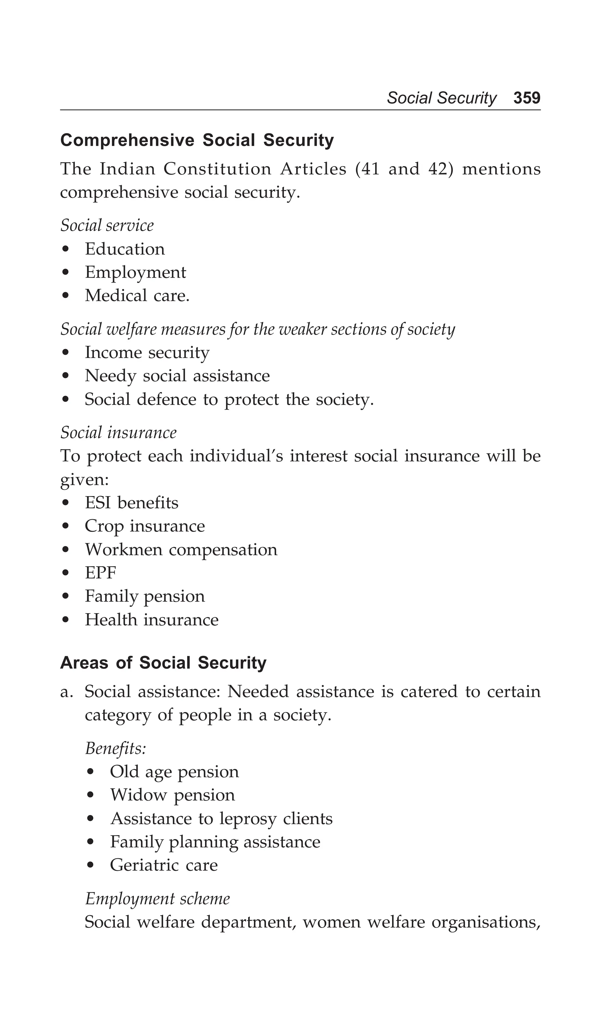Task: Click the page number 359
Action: (526, 98)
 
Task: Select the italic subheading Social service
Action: (107, 225)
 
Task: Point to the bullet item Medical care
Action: (137, 296)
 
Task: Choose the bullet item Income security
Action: (147, 353)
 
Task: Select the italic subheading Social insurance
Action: (119, 433)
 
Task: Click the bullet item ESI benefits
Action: (131, 503)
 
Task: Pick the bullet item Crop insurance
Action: (145, 527)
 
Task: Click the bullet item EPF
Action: (100, 573)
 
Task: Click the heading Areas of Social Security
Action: (163, 663)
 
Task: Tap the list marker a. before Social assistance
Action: (67, 692)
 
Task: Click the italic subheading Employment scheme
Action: (157, 899)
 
